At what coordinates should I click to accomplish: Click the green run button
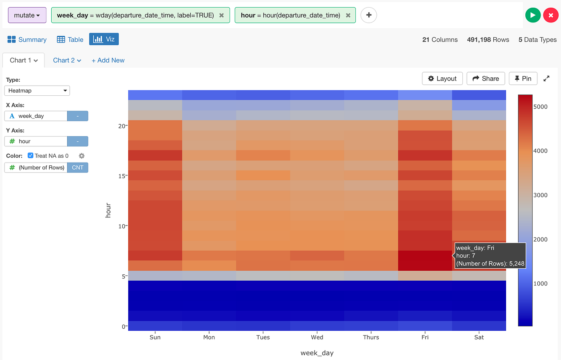[533, 15]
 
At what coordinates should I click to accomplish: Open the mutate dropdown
[27, 15]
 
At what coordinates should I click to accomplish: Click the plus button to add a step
[369, 15]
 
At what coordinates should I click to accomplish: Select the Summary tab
[27, 40]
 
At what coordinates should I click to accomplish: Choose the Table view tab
[70, 40]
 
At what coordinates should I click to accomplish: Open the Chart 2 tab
[67, 60]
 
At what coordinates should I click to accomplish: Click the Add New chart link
[108, 60]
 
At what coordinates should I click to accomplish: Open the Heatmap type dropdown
[37, 91]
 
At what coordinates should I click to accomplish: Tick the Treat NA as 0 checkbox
[30, 155]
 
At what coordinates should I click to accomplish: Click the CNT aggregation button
[77, 168]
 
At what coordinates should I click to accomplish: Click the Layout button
[442, 78]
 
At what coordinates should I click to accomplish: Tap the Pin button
[523, 78]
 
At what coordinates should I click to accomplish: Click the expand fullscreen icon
[546, 78]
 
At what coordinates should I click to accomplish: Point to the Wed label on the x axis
[317, 337]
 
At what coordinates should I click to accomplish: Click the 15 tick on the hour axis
[122, 176]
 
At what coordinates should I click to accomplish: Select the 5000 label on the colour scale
[540, 107]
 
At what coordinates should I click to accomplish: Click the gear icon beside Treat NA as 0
[82, 156]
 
